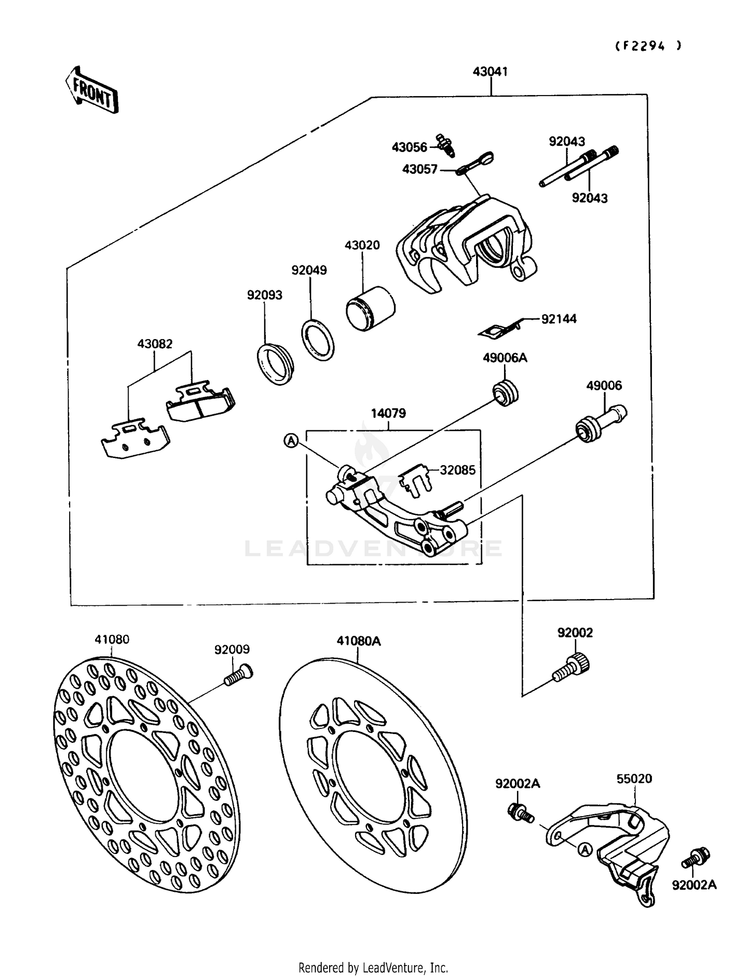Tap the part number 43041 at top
coord(490,72)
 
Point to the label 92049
coord(309,270)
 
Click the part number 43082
coord(155,344)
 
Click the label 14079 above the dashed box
coord(388,413)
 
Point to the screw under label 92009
coord(238,675)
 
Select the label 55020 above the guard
coord(634,778)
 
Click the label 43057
coord(419,169)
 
